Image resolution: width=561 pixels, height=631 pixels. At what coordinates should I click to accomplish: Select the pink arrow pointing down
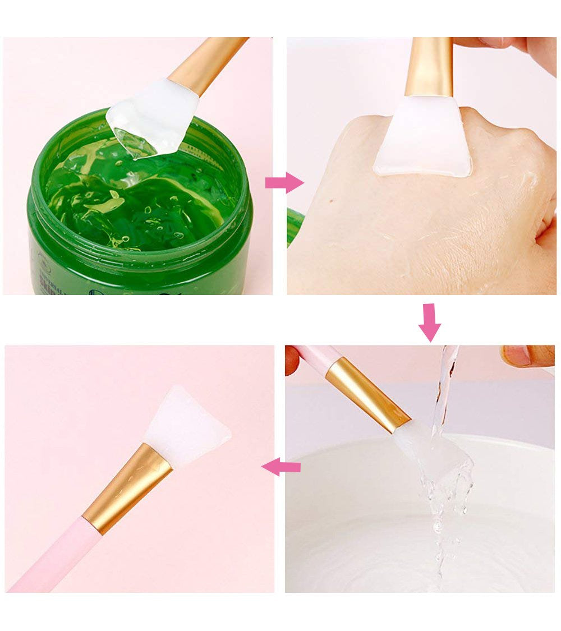[430, 323]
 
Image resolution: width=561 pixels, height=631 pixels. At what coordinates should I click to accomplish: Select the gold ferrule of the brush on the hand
[429, 67]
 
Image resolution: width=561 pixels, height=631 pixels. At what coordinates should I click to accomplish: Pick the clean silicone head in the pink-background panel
[185, 423]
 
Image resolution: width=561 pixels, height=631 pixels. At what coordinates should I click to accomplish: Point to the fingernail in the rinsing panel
[517, 356]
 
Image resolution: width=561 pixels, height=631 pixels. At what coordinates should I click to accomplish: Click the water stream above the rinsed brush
[446, 381]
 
